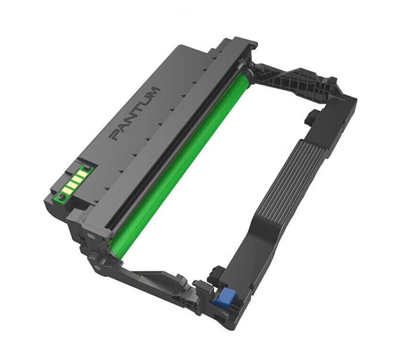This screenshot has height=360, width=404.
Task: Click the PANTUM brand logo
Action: click(136, 114)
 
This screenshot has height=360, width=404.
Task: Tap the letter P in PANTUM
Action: click(116, 135)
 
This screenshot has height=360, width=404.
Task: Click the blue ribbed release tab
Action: click(223, 296)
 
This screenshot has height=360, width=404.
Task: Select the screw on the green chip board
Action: click(62, 197)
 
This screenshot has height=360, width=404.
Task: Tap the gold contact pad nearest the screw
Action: click(68, 191)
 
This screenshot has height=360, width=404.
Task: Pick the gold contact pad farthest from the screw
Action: click(81, 174)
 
